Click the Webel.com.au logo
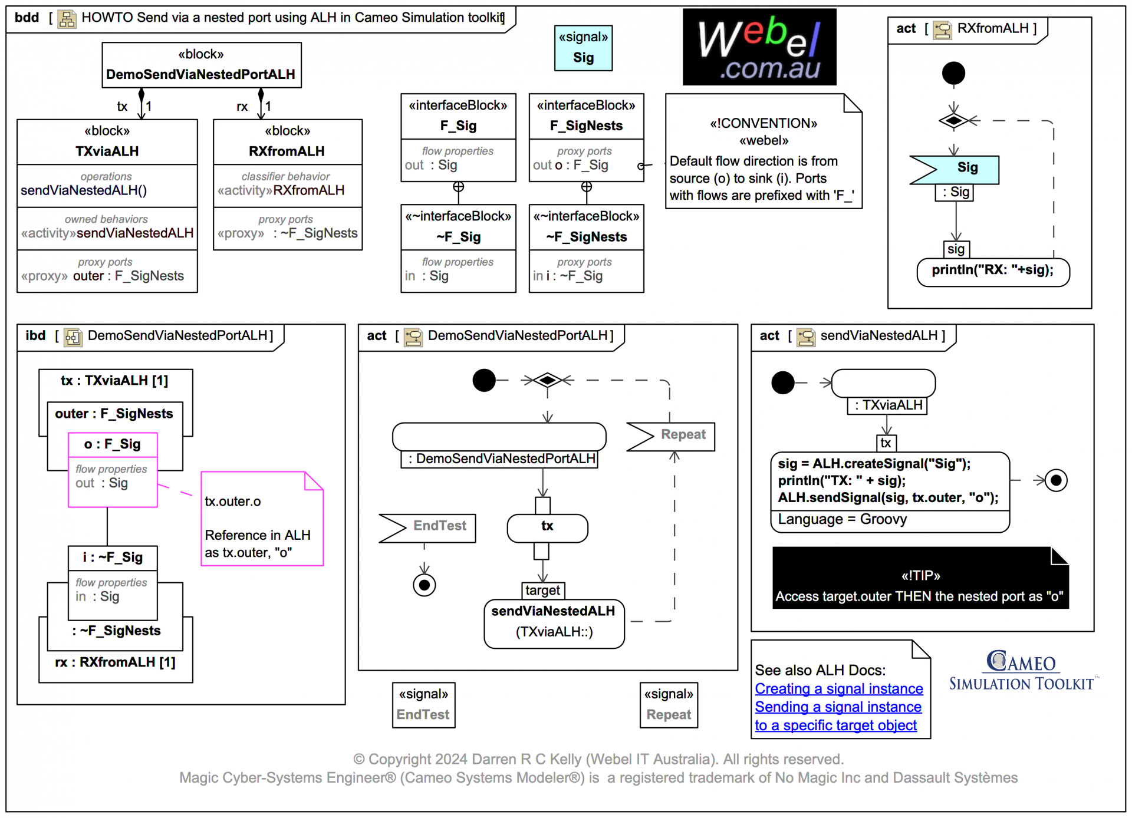[759, 47]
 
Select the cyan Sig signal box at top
[583, 48]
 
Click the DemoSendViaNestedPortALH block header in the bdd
[201, 65]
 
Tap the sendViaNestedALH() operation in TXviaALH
[84, 190]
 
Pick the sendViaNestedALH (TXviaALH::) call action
[553, 622]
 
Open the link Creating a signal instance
[838, 688]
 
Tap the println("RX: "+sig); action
[992, 271]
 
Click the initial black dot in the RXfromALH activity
[953, 74]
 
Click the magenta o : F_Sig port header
[113, 444]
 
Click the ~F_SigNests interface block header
[586, 227]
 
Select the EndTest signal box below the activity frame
[423, 705]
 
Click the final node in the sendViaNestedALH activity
[1055, 480]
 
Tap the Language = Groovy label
[842, 520]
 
